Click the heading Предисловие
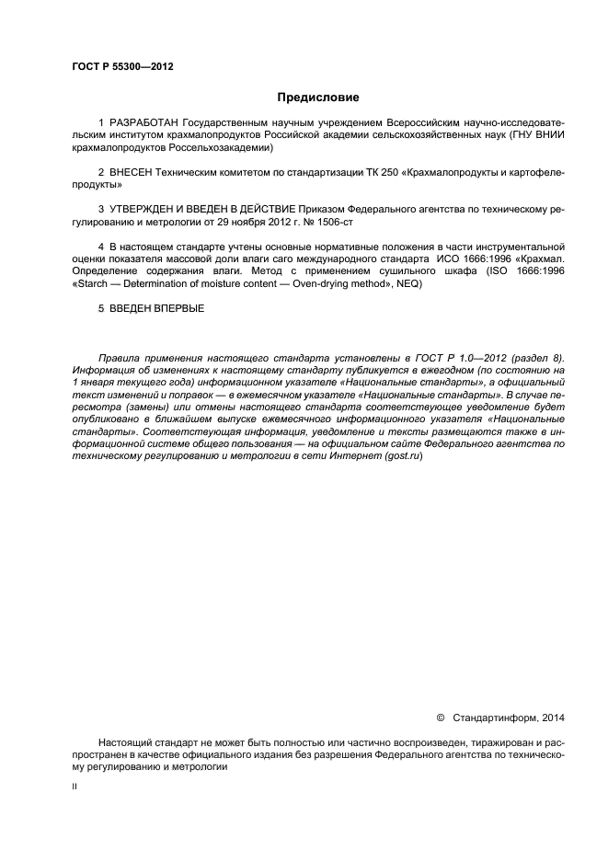304,97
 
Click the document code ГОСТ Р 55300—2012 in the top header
122,67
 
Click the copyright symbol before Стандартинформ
440,717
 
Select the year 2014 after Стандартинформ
554,717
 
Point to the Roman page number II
75,787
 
